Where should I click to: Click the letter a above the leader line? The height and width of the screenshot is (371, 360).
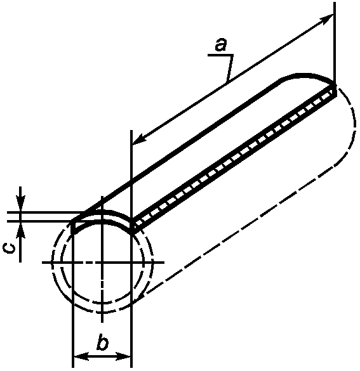(x=221, y=45)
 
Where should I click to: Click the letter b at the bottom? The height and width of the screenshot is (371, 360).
(x=102, y=341)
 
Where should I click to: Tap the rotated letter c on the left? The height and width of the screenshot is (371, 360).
(x=10, y=249)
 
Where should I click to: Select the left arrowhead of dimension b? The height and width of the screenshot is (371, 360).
(x=81, y=356)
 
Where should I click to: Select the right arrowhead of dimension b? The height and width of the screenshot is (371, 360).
(x=123, y=356)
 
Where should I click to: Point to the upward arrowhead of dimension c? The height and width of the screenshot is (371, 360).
(x=20, y=230)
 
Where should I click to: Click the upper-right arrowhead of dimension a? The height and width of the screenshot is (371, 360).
(x=326, y=19)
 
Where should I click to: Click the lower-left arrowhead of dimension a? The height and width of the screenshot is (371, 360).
(x=140, y=139)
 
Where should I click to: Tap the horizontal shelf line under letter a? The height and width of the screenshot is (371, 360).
(x=220, y=55)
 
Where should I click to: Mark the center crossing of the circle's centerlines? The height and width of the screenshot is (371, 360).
(x=102, y=263)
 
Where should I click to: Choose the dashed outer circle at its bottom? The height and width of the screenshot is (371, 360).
(x=102, y=313)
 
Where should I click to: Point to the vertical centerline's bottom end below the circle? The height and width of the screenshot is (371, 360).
(x=102, y=322)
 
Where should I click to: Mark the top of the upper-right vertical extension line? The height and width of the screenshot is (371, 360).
(x=335, y=3)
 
